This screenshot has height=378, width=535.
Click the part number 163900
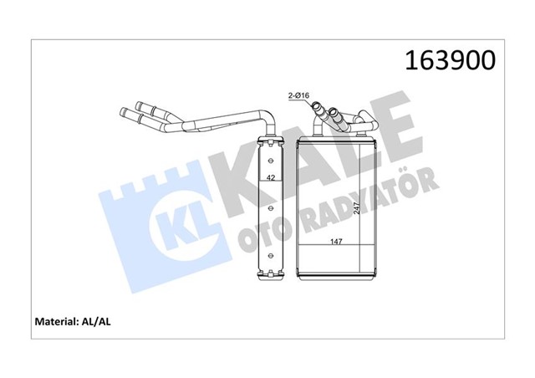449,61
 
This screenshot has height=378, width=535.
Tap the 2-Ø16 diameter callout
299,97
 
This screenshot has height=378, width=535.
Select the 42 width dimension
271,178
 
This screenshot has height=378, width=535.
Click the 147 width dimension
335,242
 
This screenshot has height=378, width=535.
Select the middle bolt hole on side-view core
271,204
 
